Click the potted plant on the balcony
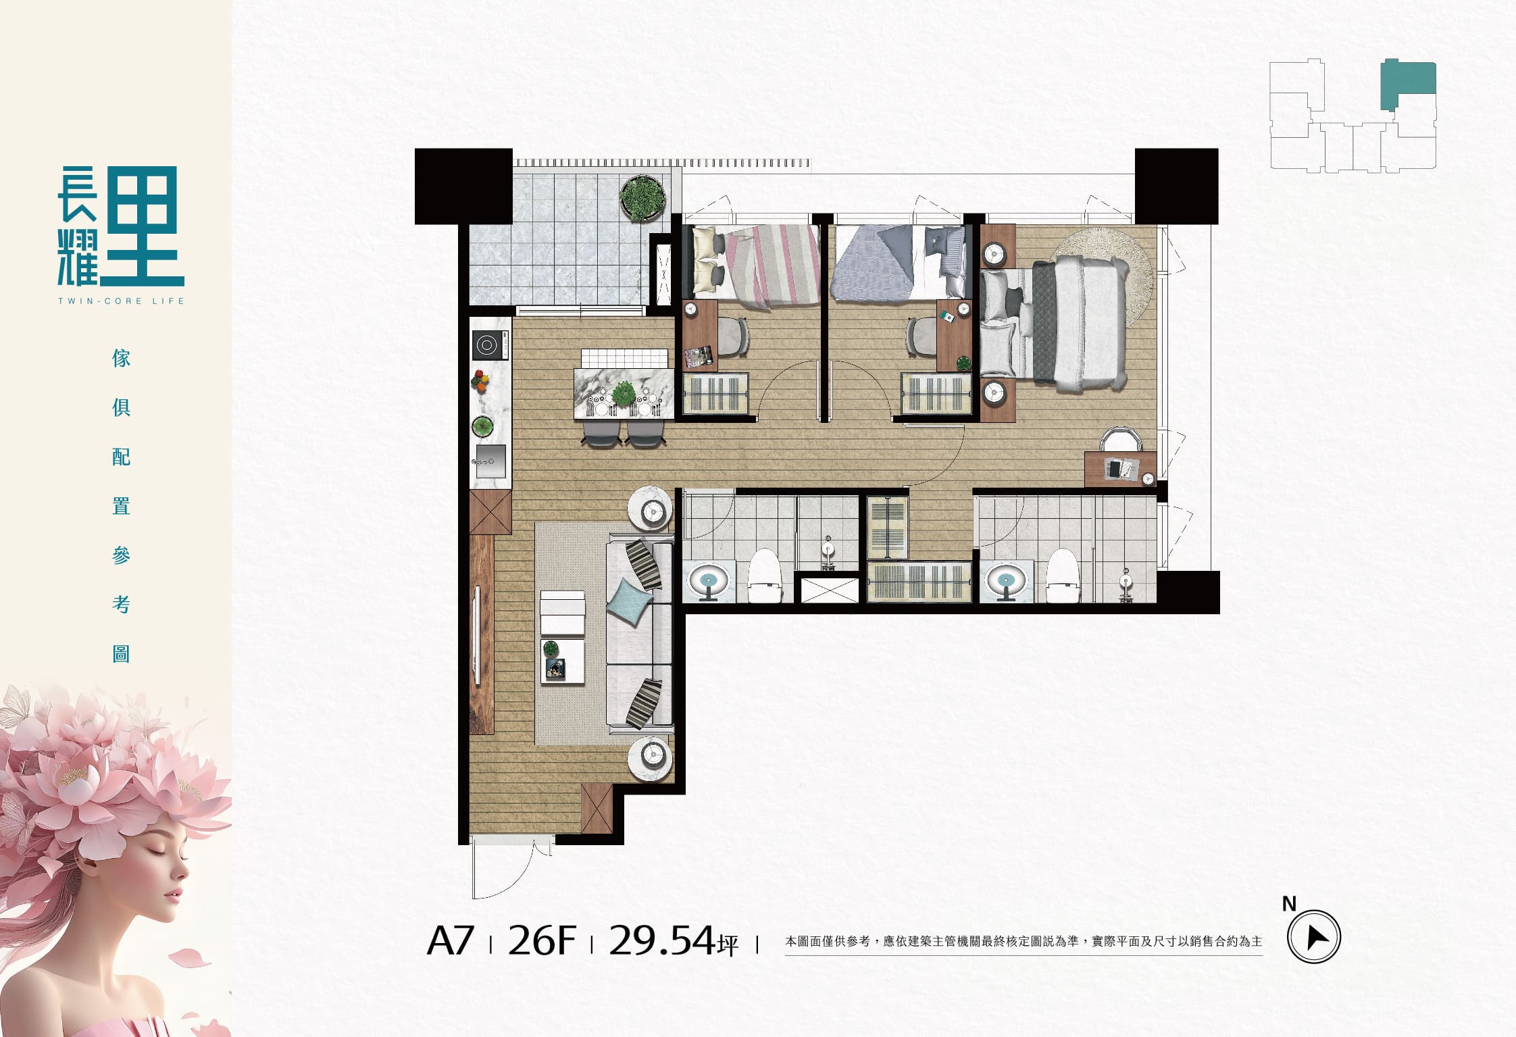point(642,198)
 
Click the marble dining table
point(624,393)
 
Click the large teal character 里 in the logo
point(142,225)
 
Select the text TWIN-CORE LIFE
point(121,301)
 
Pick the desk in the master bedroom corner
point(1120,469)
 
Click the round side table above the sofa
point(651,509)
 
